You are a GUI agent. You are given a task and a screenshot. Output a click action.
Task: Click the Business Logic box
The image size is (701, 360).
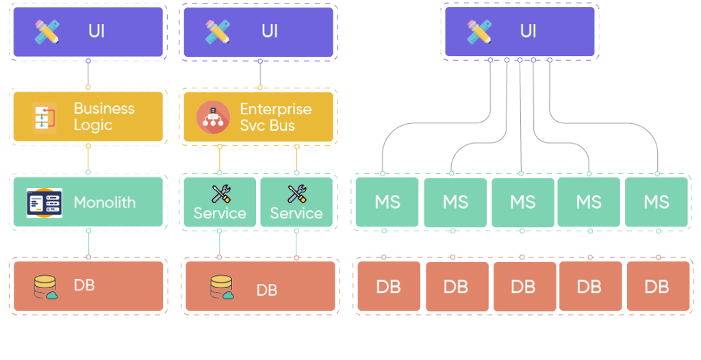point(88,116)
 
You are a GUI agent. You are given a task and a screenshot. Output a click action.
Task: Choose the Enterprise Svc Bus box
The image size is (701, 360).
point(258,116)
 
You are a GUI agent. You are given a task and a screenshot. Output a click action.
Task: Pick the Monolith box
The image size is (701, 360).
point(88,202)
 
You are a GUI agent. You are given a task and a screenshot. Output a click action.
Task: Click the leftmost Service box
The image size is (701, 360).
point(220,202)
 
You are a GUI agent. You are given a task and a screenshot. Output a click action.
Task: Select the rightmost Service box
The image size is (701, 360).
point(296,202)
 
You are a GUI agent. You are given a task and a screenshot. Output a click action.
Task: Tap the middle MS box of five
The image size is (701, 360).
point(522,202)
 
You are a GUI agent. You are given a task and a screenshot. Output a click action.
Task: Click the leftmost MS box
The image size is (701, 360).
point(387,202)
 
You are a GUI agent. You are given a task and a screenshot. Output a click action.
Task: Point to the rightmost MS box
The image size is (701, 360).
point(656,202)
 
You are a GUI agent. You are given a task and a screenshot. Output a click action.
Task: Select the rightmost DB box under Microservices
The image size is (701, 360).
point(657,286)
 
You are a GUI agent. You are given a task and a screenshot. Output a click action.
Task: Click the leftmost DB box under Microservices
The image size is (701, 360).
point(388,286)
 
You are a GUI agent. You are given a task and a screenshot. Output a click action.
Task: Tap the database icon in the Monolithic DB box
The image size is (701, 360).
point(46,287)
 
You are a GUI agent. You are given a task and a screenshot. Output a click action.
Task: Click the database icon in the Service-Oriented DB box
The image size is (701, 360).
point(222,287)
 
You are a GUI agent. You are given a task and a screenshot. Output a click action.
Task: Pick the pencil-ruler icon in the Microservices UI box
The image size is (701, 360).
point(479,31)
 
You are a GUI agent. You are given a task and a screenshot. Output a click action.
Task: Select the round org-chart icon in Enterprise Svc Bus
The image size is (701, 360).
point(213,117)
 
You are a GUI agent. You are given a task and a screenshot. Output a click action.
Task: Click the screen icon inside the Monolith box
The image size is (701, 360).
point(44,203)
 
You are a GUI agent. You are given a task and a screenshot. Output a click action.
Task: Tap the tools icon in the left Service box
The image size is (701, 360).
point(220,194)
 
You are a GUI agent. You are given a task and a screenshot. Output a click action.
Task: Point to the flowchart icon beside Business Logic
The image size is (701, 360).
point(44,117)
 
